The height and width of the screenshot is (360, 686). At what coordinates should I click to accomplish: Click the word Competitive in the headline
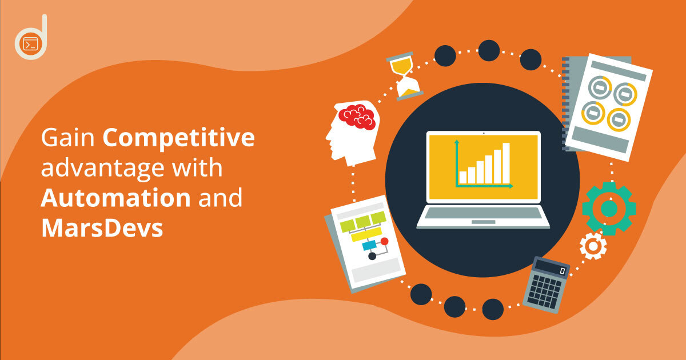pos(178,139)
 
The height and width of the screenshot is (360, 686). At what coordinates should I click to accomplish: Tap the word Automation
pos(115,198)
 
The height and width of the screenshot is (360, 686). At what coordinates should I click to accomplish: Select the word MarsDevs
pos(102,228)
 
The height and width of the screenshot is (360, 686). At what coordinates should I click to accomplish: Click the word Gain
pos(67,138)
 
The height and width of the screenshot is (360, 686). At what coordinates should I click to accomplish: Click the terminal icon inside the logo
pos(31,44)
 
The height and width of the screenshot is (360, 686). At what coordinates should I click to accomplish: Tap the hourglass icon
pos(405,76)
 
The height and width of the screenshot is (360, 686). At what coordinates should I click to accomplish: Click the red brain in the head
pos(357,117)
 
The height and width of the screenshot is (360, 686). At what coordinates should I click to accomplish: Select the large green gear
pos(609,209)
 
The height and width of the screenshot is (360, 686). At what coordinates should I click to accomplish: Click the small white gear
pos(593,246)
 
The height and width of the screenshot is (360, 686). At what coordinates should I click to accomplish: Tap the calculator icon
pos(547,285)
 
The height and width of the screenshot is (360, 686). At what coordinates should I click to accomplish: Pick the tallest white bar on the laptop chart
pos(506,163)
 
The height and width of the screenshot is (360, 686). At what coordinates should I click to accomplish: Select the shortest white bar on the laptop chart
pos(463,178)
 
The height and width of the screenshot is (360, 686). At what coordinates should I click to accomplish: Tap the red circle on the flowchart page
pos(384,241)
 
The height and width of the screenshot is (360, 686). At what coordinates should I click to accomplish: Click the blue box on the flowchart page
pos(369,245)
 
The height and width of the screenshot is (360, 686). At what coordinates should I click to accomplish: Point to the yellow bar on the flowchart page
pos(366,234)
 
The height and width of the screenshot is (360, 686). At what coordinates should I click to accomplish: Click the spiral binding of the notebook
pos(565,103)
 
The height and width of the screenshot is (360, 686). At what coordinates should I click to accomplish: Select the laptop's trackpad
pos(483,222)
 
